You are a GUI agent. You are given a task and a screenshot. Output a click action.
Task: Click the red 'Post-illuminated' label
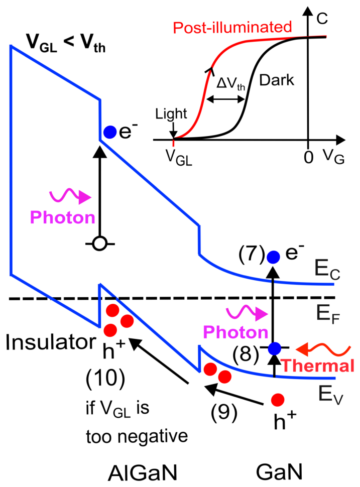(x=232, y=27)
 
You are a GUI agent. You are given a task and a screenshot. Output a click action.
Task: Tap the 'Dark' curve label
(x=277, y=80)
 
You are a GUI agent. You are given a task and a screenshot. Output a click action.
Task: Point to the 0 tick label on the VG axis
(x=308, y=157)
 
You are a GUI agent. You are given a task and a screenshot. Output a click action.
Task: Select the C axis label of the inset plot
(x=322, y=19)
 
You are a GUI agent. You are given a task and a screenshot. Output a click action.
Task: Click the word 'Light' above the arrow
(x=171, y=113)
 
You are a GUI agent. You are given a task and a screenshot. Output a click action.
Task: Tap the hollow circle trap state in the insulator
(x=100, y=244)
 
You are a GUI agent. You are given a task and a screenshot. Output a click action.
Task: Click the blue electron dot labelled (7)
(x=274, y=257)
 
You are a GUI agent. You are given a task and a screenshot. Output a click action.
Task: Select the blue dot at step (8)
(x=275, y=348)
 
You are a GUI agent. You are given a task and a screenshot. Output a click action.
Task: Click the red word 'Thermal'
(x=318, y=366)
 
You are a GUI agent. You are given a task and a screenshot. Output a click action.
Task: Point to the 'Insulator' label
(x=51, y=342)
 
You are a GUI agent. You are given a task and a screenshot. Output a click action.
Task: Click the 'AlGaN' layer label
(x=143, y=473)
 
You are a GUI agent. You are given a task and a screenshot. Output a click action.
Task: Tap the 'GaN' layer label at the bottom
(x=279, y=472)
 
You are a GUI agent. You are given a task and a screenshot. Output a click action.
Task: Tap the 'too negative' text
(x=137, y=436)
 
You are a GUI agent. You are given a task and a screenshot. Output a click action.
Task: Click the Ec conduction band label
(x=327, y=269)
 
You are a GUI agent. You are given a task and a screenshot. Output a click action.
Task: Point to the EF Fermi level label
(x=328, y=314)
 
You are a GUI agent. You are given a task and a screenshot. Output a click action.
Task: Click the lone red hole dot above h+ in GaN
(x=278, y=400)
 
